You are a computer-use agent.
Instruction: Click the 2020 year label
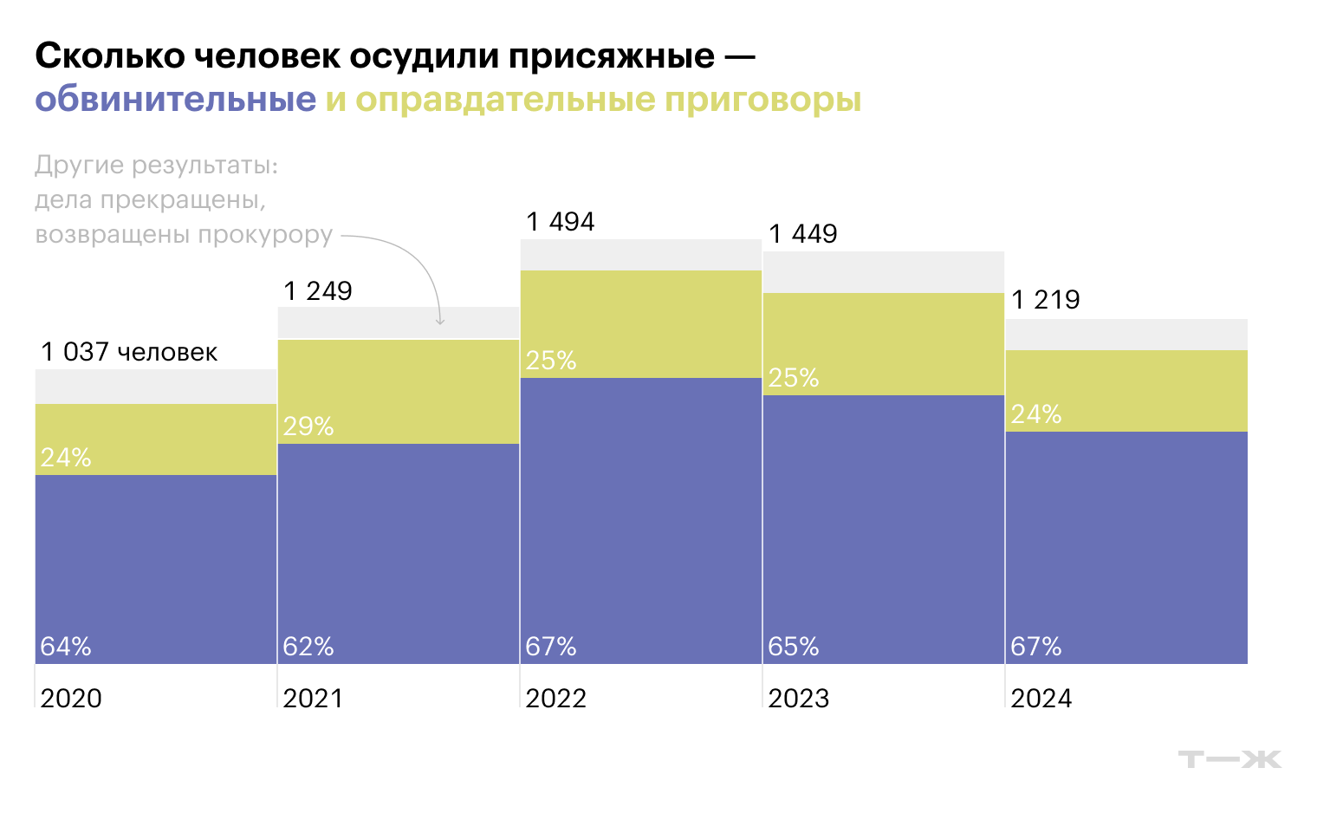tap(71, 698)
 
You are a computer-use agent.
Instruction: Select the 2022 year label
tap(555, 698)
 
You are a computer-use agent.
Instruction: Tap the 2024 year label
tap(1041, 698)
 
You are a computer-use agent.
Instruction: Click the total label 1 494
tap(561, 222)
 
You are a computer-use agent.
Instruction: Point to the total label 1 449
tap(803, 234)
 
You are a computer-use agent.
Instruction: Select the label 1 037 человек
tap(129, 352)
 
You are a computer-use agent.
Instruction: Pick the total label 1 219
tap(1046, 300)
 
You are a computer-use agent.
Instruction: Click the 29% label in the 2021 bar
tap(308, 426)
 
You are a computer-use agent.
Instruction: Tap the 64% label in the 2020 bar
tap(66, 647)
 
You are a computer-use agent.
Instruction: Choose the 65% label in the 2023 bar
tap(794, 647)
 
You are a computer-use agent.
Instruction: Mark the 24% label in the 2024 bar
tap(1036, 414)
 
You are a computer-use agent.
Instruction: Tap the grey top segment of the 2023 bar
tap(884, 272)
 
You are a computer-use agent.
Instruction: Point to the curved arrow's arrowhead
tap(440, 322)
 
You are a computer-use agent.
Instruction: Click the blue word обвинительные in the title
tap(176, 100)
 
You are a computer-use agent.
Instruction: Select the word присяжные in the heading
tap(612, 56)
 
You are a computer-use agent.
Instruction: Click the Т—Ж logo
tap(1229, 759)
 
